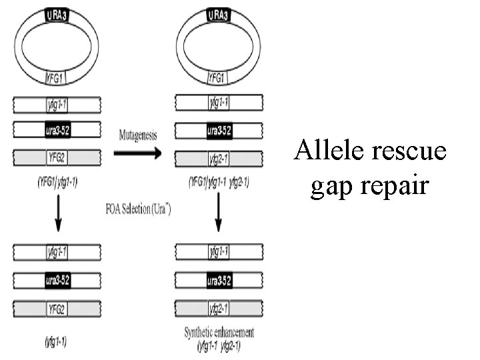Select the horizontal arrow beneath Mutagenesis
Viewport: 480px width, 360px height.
tap(137, 154)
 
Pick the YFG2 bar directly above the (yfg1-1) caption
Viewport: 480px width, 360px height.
tap(58, 308)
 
